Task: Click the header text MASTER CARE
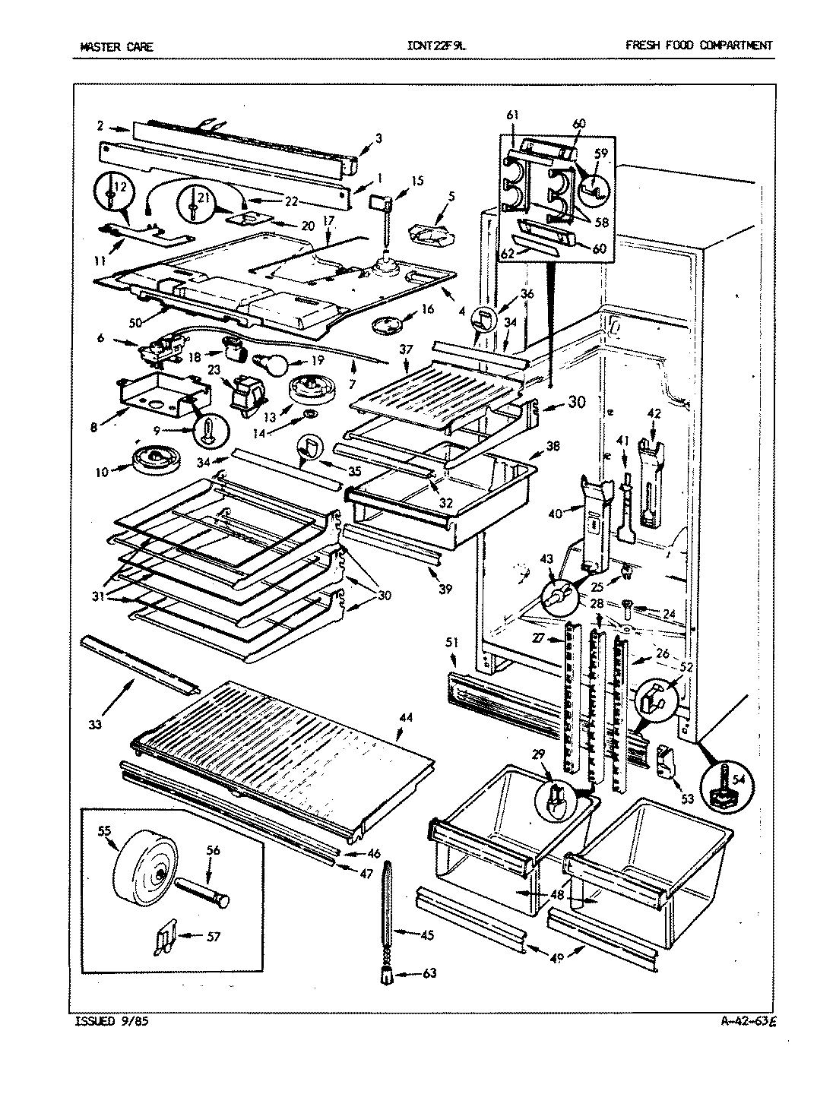pyautogui.click(x=116, y=46)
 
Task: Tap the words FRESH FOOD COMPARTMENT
pyautogui.click(x=698, y=46)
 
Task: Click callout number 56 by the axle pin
pyautogui.click(x=213, y=851)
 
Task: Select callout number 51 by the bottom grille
pyautogui.click(x=454, y=642)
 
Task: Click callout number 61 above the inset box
pyautogui.click(x=512, y=115)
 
